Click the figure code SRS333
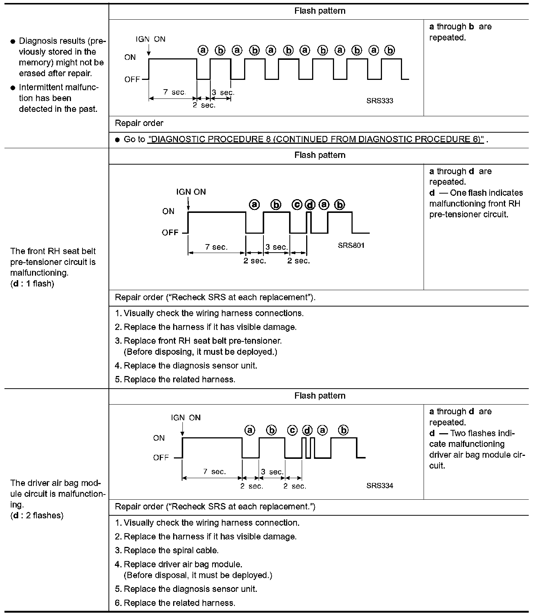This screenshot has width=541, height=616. coord(379,101)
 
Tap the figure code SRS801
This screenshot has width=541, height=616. coord(351,245)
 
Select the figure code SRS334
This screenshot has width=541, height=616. coord(379,486)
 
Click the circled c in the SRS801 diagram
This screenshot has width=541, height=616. coord(297,205)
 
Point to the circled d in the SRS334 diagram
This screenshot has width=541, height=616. coord(307,430)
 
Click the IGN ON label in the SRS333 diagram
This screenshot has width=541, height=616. coord(150,39)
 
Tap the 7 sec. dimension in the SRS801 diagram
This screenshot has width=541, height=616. coord(217,247)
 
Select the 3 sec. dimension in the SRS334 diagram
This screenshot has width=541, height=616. coord(272,472)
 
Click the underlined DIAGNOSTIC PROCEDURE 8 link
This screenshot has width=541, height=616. coord(316,139)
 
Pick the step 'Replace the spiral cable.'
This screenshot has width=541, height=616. coord(171,550)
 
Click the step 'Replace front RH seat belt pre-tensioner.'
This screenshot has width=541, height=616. coord(203,341)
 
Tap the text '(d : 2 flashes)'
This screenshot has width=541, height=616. coord(37,515)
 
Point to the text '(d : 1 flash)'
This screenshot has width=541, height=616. coord(32,284)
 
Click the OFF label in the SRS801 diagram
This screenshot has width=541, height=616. coord(170,233)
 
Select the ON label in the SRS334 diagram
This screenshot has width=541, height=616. coord(159,438)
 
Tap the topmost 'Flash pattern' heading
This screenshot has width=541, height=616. coord(320,11)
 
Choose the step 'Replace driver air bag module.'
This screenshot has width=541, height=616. coord(183,564)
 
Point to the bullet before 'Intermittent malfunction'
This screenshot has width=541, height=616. coord(13,88)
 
